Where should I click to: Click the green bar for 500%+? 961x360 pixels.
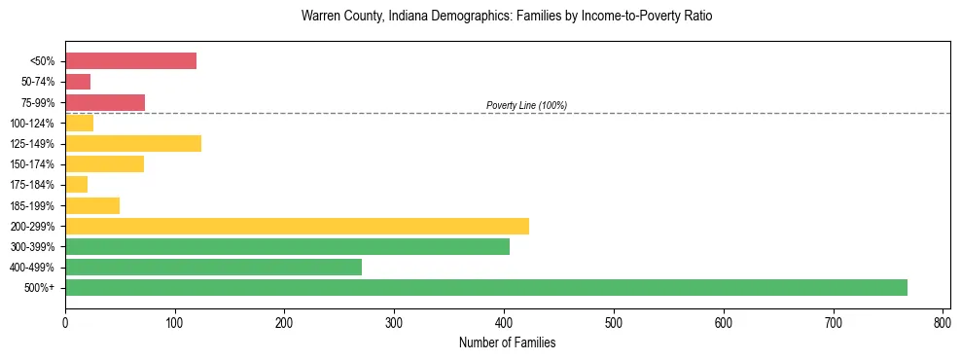486,287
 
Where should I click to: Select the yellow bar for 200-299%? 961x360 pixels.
297,226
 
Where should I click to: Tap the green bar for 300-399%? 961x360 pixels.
287,246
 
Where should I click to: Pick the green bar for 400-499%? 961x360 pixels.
213,267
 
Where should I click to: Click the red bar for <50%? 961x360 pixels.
130,61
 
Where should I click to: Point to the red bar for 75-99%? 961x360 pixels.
105,102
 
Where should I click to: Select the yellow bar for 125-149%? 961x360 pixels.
133,144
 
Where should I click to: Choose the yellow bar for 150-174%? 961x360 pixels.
104,163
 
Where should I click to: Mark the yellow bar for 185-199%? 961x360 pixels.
92,205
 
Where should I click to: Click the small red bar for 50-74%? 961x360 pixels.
78,82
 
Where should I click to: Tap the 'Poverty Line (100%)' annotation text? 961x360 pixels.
526,105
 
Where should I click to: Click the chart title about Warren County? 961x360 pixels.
507,17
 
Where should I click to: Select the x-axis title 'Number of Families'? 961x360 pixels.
507,342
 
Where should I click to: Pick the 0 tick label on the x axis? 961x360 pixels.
65,321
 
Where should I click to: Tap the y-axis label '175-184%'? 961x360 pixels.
32,185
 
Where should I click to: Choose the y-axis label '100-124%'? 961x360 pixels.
32,124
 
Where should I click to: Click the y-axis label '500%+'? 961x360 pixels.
40,288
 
